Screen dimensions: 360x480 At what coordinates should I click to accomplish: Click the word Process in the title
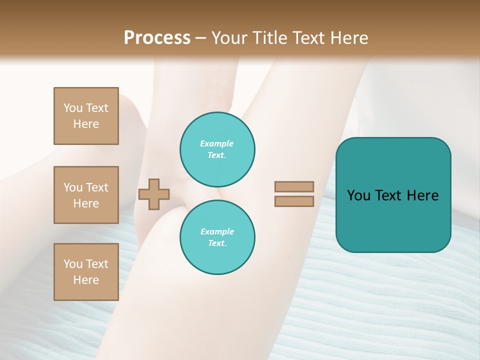[157, 38]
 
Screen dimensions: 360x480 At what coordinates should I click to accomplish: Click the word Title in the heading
[270, 38]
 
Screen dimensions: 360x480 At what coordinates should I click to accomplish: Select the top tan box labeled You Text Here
[86, 116]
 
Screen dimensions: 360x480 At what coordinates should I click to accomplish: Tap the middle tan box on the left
[86, 195]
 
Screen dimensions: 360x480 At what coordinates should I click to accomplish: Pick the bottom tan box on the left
[86, 272]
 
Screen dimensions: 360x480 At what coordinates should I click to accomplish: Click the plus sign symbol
[154, 194]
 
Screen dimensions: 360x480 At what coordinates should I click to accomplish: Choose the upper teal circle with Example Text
[217, 149]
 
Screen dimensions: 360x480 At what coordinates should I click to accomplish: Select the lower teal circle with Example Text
[217, 237]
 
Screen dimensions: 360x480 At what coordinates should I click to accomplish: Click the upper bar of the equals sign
[294, 187]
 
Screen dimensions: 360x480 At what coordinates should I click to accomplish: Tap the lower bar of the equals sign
[294, 201]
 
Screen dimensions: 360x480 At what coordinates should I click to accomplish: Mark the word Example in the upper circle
[217, 143]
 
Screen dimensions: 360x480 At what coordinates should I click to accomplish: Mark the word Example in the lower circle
[217, 231]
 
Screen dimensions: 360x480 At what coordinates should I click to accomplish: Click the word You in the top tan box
[73, 108]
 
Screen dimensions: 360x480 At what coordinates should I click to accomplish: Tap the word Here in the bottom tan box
[86, 280]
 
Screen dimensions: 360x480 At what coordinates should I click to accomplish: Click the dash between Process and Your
[201, 38]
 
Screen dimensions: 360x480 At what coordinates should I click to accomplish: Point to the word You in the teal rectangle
[358, 195]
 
